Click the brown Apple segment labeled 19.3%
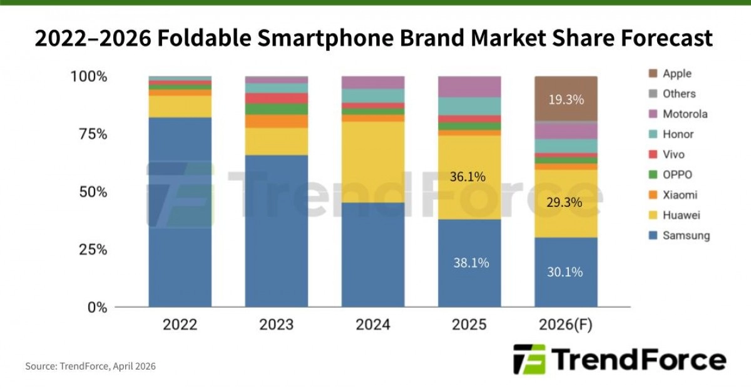point(566,99)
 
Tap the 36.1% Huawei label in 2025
point(467,177)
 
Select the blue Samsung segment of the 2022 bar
point(180,213)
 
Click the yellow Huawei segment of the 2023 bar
point(277,141)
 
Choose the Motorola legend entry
point(685,114)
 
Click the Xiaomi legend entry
point(680,195)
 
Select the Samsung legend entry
point(686,236)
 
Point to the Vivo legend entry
point(673,154)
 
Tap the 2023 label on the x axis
point(277,325)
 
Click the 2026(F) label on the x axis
point(566,325)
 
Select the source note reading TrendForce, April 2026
point(90,366)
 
